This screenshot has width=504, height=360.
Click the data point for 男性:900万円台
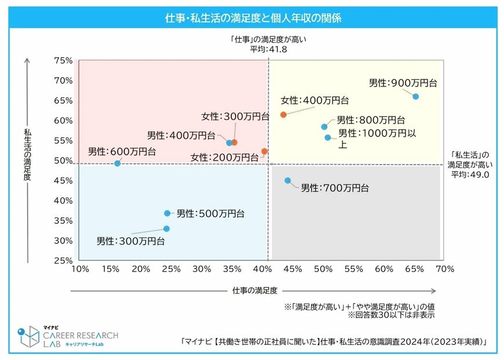(x=415, y=96)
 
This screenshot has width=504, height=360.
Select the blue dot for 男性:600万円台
(x=118, y=163)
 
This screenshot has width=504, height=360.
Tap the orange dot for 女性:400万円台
(x=283, y=115)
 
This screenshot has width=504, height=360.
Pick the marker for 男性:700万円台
(x=288, y=181)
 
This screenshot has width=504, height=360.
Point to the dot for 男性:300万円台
(x=166, y=228)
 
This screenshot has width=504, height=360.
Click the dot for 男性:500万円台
(x=167, y=213)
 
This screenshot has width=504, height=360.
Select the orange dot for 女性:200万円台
(x=265, y=151)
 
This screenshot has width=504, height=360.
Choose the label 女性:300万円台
(x=235, y=117)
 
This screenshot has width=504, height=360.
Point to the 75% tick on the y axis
(x=63, y=60)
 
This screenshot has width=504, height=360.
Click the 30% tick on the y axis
(x=63, y=241)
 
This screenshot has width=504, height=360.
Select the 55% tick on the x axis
(x=353, y=269)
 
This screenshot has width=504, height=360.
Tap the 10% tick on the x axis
(x=79, y=269)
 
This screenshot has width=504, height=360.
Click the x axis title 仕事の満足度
(x=255, y=289)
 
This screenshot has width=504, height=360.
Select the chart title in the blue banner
(x=253, y=18)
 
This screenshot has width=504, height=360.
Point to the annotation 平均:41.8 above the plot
(x=268, y=49)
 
